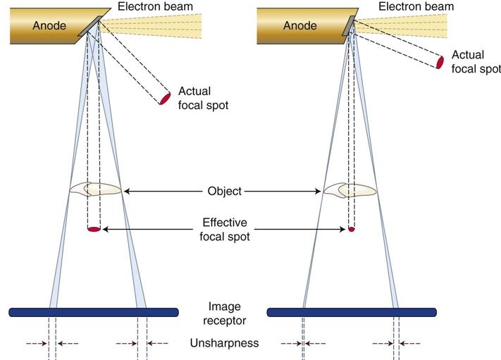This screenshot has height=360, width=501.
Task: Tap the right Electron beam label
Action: (416, 6)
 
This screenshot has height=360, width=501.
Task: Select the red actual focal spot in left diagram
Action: (165, 98)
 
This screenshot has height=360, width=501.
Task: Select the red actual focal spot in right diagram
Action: (440, 62)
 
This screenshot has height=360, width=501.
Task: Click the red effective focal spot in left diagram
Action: (94, 229)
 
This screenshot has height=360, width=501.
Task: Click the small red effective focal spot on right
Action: (352, 229)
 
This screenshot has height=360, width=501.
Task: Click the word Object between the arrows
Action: (225, 191)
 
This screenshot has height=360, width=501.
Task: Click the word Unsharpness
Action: (225, 343)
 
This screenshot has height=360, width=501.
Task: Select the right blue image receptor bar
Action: (351, 311)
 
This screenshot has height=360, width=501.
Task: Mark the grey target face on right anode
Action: (347, 25)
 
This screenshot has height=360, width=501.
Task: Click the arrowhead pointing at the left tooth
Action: (128, 191)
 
